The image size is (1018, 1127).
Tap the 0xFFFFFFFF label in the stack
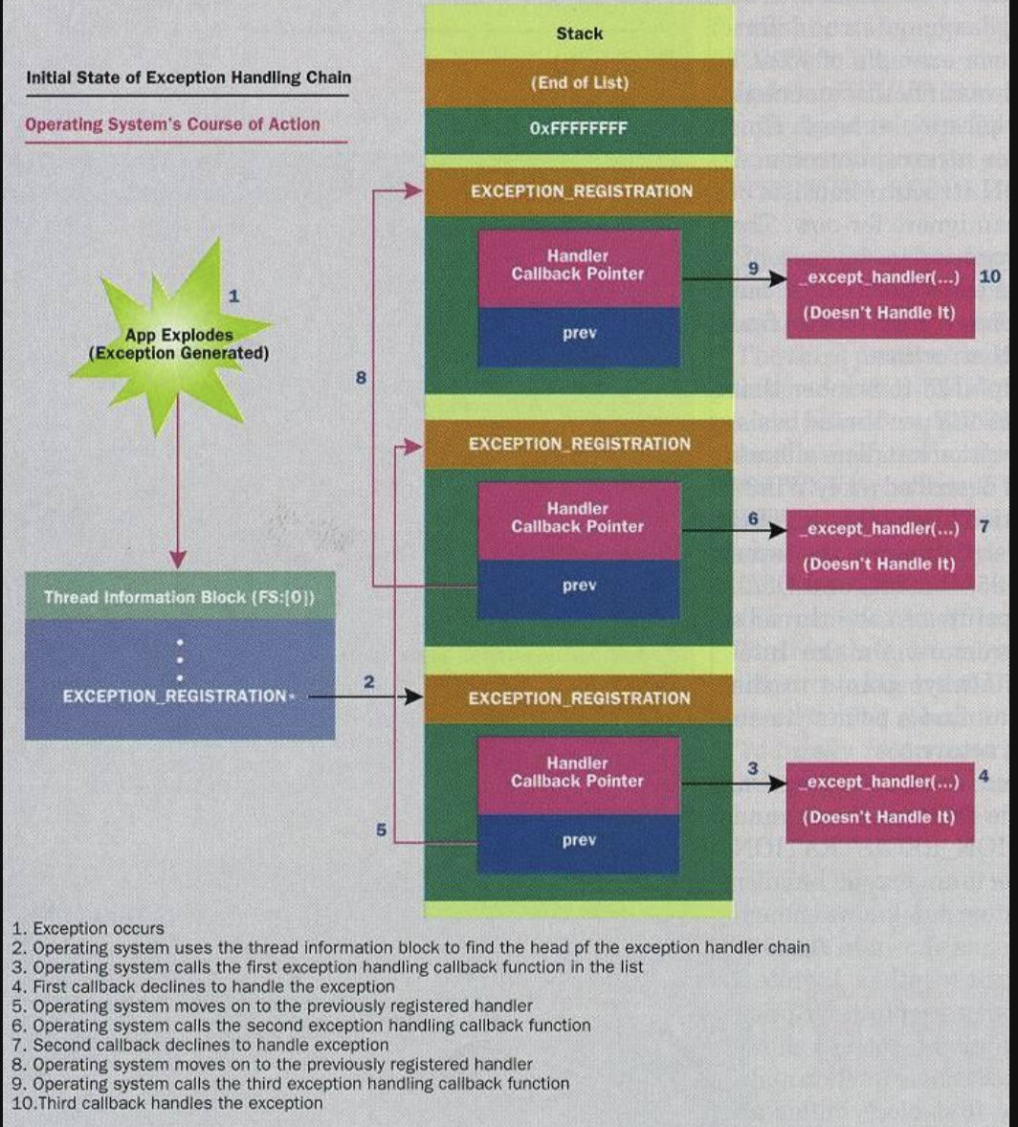[579, 127]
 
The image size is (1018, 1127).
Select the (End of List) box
[579, 82]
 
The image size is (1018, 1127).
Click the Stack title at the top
[579, 33]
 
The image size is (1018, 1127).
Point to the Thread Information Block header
[180, 598]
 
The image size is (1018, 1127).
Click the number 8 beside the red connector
[361, 377]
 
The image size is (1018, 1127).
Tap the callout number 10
[989, 276]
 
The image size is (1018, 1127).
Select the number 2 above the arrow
[368, 681]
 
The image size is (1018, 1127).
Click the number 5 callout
[380, 830]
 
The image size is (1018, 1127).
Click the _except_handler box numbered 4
[880, 799]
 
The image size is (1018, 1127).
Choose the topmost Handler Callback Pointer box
[579, 265]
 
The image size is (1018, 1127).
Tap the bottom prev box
[579, 840]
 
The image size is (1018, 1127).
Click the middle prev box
[579, 586]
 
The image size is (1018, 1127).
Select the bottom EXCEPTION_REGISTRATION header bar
[579, 698]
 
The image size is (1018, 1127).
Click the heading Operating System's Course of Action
[172, 124]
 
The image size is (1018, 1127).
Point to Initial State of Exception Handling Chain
[187, 77]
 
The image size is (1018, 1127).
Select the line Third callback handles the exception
[167, 1103]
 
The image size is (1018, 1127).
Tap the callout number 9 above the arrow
[754, 269]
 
